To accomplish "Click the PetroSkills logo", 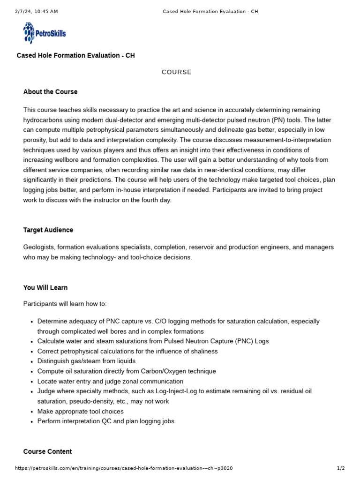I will pos(45,33).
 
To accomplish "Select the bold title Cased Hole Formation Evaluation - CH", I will pos(75,55).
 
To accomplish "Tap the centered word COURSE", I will pos(177,72).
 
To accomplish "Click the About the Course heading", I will pos(50,92).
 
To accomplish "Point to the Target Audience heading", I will pos(48,230).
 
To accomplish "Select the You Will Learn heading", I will pos(45,287).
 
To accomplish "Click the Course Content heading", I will pos(47,451).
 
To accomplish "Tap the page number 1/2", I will pos(341,468).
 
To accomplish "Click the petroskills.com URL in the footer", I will pos(124,468).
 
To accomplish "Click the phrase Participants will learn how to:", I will pos(65,304).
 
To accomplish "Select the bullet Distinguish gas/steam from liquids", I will pos(86,361).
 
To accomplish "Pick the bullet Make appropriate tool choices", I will pos(80,411).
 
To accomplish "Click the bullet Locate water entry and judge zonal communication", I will pos(110,381).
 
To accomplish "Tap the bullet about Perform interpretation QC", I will pos(105,421).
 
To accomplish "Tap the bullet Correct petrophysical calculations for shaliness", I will pos(127,351).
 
